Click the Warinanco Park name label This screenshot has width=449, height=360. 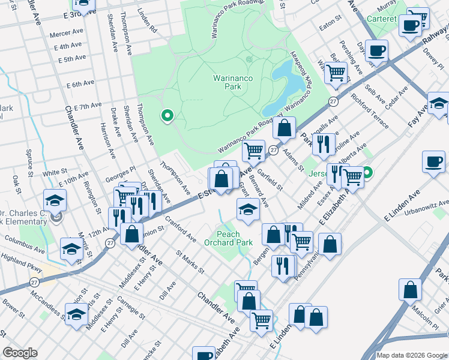227,82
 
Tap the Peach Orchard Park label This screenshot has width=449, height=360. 222,238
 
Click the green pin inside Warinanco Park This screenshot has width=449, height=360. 167,115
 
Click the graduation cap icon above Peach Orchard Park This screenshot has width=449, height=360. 247,210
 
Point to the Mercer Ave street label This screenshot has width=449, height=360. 66,34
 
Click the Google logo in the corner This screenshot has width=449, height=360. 20,352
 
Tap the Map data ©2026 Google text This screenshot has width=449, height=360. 411,355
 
